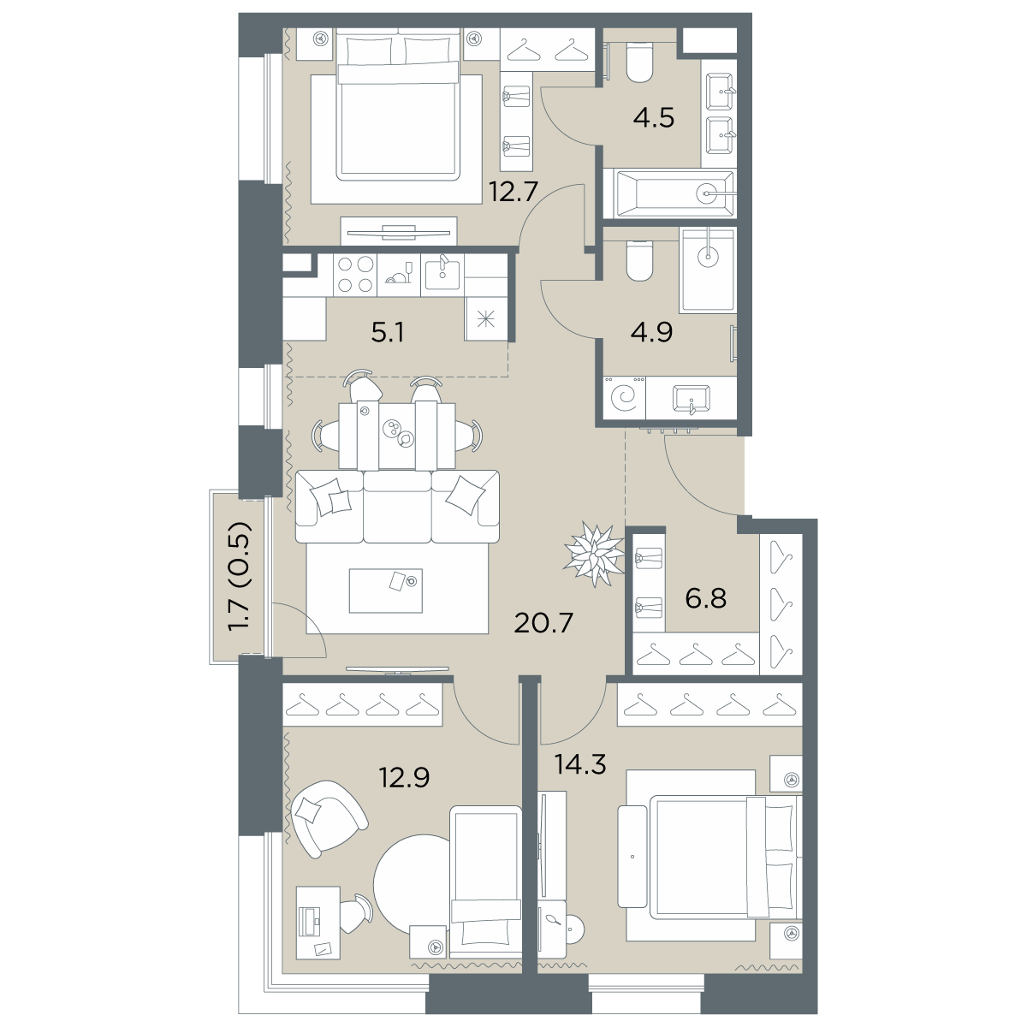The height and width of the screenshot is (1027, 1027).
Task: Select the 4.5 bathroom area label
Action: coord(653,117)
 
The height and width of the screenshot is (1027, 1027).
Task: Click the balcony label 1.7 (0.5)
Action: coord(240,576)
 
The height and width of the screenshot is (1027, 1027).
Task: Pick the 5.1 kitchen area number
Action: coord(389,330)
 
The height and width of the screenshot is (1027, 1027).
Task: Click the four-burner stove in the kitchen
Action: coord(354,275)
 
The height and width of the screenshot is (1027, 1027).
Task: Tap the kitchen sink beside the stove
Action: coord(442,275)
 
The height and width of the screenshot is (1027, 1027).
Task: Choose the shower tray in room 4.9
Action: coord(707,269)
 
